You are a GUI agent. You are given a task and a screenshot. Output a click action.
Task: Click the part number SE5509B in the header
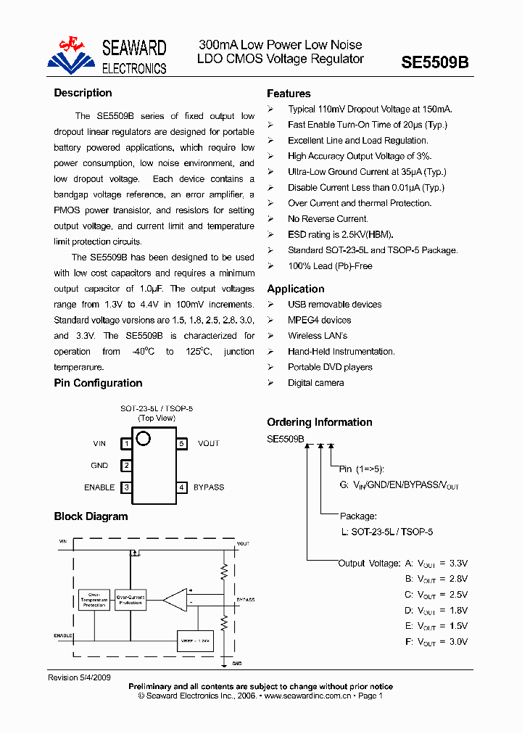[x=435, y=62]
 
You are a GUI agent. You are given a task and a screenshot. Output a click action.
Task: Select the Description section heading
[x=83, y=93]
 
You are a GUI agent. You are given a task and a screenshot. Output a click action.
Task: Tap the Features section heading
[x=289, y=94]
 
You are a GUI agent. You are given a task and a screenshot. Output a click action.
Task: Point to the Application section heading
[x=296, y=289]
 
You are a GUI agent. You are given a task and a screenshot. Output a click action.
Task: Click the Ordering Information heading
[x=320, y=422]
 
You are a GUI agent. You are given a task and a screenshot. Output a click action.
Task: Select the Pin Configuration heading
[x=98, y=383]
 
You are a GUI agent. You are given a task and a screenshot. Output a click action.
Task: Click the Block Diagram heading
[x=91, y=516]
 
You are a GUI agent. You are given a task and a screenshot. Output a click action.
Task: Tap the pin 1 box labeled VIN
[x=126, y=443]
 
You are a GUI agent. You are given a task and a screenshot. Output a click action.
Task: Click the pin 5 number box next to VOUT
[x=182, y=443]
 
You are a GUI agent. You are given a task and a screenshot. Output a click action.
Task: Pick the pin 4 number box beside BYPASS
[x=182, y=487]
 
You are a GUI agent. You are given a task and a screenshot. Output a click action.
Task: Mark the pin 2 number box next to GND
[x=126, y=466]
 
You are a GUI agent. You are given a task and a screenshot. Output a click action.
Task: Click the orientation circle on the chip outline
[x=143, y=438]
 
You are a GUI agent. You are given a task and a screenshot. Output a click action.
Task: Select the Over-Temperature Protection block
[x=94, y=600]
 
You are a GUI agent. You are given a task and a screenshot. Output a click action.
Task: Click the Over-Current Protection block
[x=131, y=600]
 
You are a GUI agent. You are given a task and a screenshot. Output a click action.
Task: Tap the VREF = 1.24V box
[x=195, y=640]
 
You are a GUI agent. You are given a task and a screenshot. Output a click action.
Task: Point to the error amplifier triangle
[x=174, y=600]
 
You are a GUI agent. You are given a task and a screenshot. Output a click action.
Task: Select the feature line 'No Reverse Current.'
[x=328, y=218]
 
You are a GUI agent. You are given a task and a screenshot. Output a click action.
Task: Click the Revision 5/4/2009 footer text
[x=79, y=677]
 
